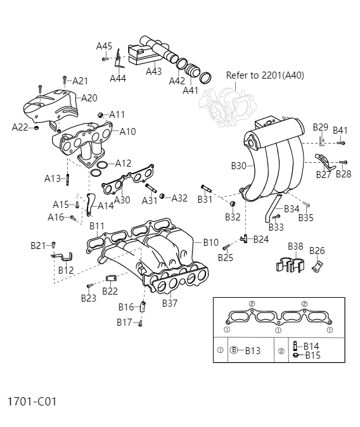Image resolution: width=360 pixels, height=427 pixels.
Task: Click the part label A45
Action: coord(104,46)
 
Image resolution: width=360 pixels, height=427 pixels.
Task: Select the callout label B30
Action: coord(238,166)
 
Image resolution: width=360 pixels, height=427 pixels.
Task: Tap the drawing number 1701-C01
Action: coord(32,402)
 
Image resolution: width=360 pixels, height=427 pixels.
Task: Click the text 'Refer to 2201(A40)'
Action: coord(265,75)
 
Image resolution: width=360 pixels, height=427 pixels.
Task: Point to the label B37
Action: coord(169,303)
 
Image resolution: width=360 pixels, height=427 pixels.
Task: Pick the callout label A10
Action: coord(127,132)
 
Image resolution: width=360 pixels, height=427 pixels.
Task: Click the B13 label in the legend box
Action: coord(252,350)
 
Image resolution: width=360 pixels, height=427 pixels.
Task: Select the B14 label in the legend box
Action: coord(311,346)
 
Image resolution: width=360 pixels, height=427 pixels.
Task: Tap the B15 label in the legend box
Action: coord(313,355)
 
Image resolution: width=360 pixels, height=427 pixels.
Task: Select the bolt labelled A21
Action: coord(64,80)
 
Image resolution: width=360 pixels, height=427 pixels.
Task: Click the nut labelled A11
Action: coord(100,115)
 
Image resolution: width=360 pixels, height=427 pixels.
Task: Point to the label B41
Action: coord(340,131)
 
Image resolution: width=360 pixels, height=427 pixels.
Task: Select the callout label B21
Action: coord(38,245)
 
